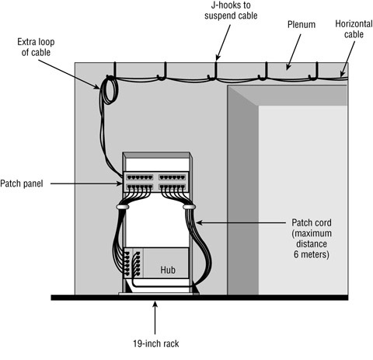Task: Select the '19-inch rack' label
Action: pos(156,340)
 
